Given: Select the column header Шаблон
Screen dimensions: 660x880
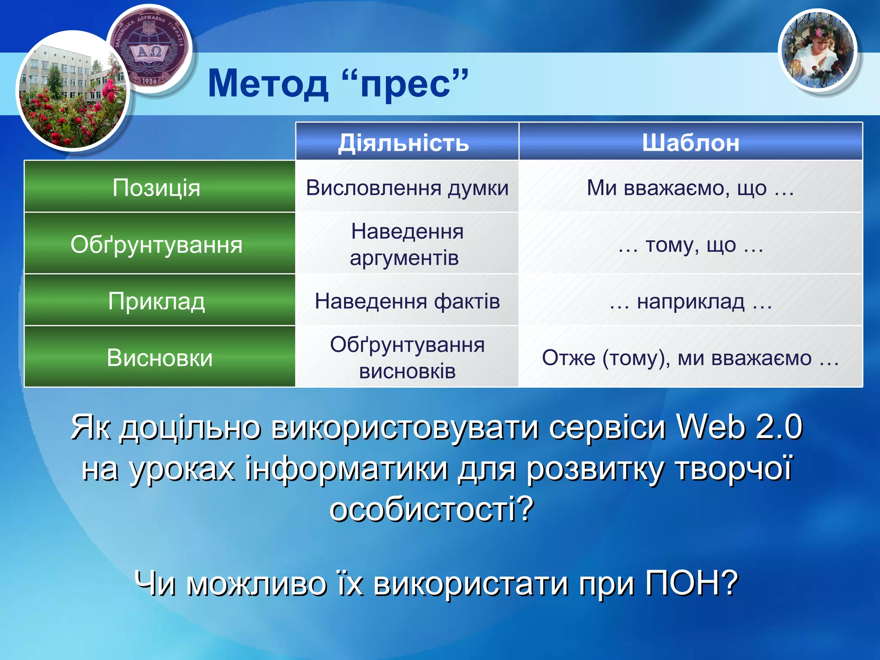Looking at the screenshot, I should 690,143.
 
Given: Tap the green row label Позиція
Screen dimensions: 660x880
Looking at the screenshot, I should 156,188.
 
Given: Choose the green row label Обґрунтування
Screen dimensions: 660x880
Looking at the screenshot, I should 156,244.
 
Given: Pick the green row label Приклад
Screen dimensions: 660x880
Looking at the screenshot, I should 156,301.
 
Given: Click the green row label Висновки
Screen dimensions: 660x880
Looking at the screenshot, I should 159,358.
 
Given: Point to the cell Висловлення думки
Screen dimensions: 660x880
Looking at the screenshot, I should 407,188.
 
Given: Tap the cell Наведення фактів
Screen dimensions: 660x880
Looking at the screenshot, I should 407,301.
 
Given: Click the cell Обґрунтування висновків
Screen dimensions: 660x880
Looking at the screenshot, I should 407,358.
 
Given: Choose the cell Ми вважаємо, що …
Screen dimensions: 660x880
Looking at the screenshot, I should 690,188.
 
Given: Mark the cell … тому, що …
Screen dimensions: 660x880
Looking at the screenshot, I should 690,245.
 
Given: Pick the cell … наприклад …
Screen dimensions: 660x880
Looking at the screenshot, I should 690,301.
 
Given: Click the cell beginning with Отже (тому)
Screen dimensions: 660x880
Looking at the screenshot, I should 690,358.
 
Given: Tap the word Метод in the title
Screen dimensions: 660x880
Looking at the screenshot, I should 268,84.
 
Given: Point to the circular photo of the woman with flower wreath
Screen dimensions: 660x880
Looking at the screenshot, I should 818,51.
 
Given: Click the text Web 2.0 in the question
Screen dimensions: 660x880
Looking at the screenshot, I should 739,428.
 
